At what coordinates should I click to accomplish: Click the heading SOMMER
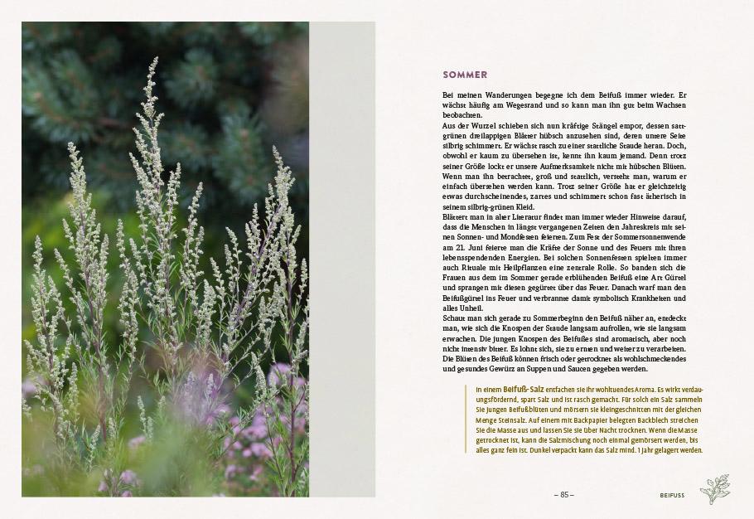tap(465, 75)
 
